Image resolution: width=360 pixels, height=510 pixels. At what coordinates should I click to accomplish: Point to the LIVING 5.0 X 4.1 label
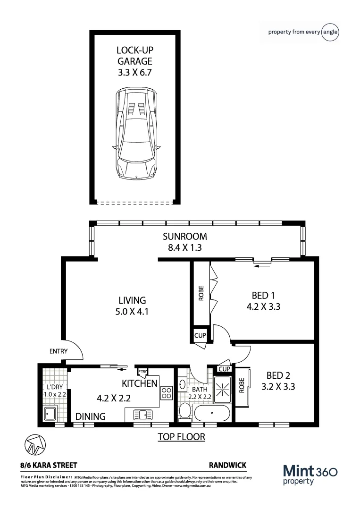coord(132,306)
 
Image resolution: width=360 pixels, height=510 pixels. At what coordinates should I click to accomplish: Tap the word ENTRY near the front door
coord(59,351)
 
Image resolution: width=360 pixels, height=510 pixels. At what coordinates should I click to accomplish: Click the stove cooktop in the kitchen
coord(167,393)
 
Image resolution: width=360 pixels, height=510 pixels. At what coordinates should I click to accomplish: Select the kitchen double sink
coord(143,415)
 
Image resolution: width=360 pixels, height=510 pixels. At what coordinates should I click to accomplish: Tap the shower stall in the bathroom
coord(222,389)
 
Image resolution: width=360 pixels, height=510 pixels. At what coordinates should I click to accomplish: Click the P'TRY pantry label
coord(142,371)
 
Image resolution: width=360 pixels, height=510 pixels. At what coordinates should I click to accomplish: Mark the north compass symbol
coord(35,443)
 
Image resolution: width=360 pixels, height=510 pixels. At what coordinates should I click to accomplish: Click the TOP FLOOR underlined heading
coord(181,437)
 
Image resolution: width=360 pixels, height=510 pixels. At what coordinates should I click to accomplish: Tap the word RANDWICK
coord(227,466)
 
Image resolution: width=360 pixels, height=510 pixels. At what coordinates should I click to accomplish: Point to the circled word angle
coord(330,32)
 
